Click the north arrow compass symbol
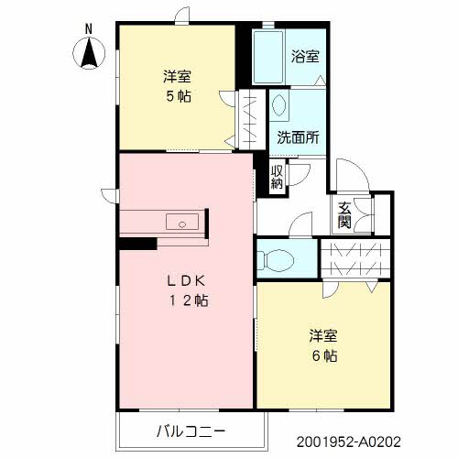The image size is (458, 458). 89,55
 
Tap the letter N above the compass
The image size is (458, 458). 89,28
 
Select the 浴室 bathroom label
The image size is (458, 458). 306,56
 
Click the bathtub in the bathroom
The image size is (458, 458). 269,59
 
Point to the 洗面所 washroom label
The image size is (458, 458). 298,138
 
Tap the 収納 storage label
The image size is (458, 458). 277,176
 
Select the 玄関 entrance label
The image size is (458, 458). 344,214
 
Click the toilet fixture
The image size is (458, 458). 276,259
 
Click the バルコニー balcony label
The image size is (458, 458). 190,430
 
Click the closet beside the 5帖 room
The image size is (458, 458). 247,117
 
